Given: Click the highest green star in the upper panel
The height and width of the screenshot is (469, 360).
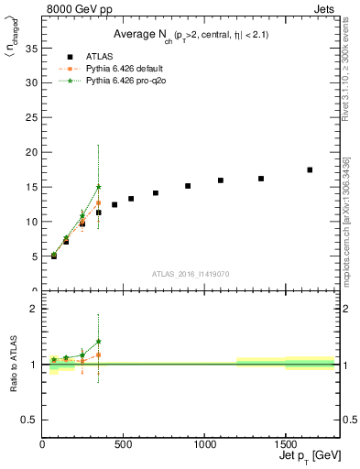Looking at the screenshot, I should (x=99, y=187).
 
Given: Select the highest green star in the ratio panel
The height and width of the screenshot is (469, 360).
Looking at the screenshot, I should (x=99, y=342).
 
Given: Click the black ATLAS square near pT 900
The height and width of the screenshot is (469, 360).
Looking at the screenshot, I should (x=188, y=186).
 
